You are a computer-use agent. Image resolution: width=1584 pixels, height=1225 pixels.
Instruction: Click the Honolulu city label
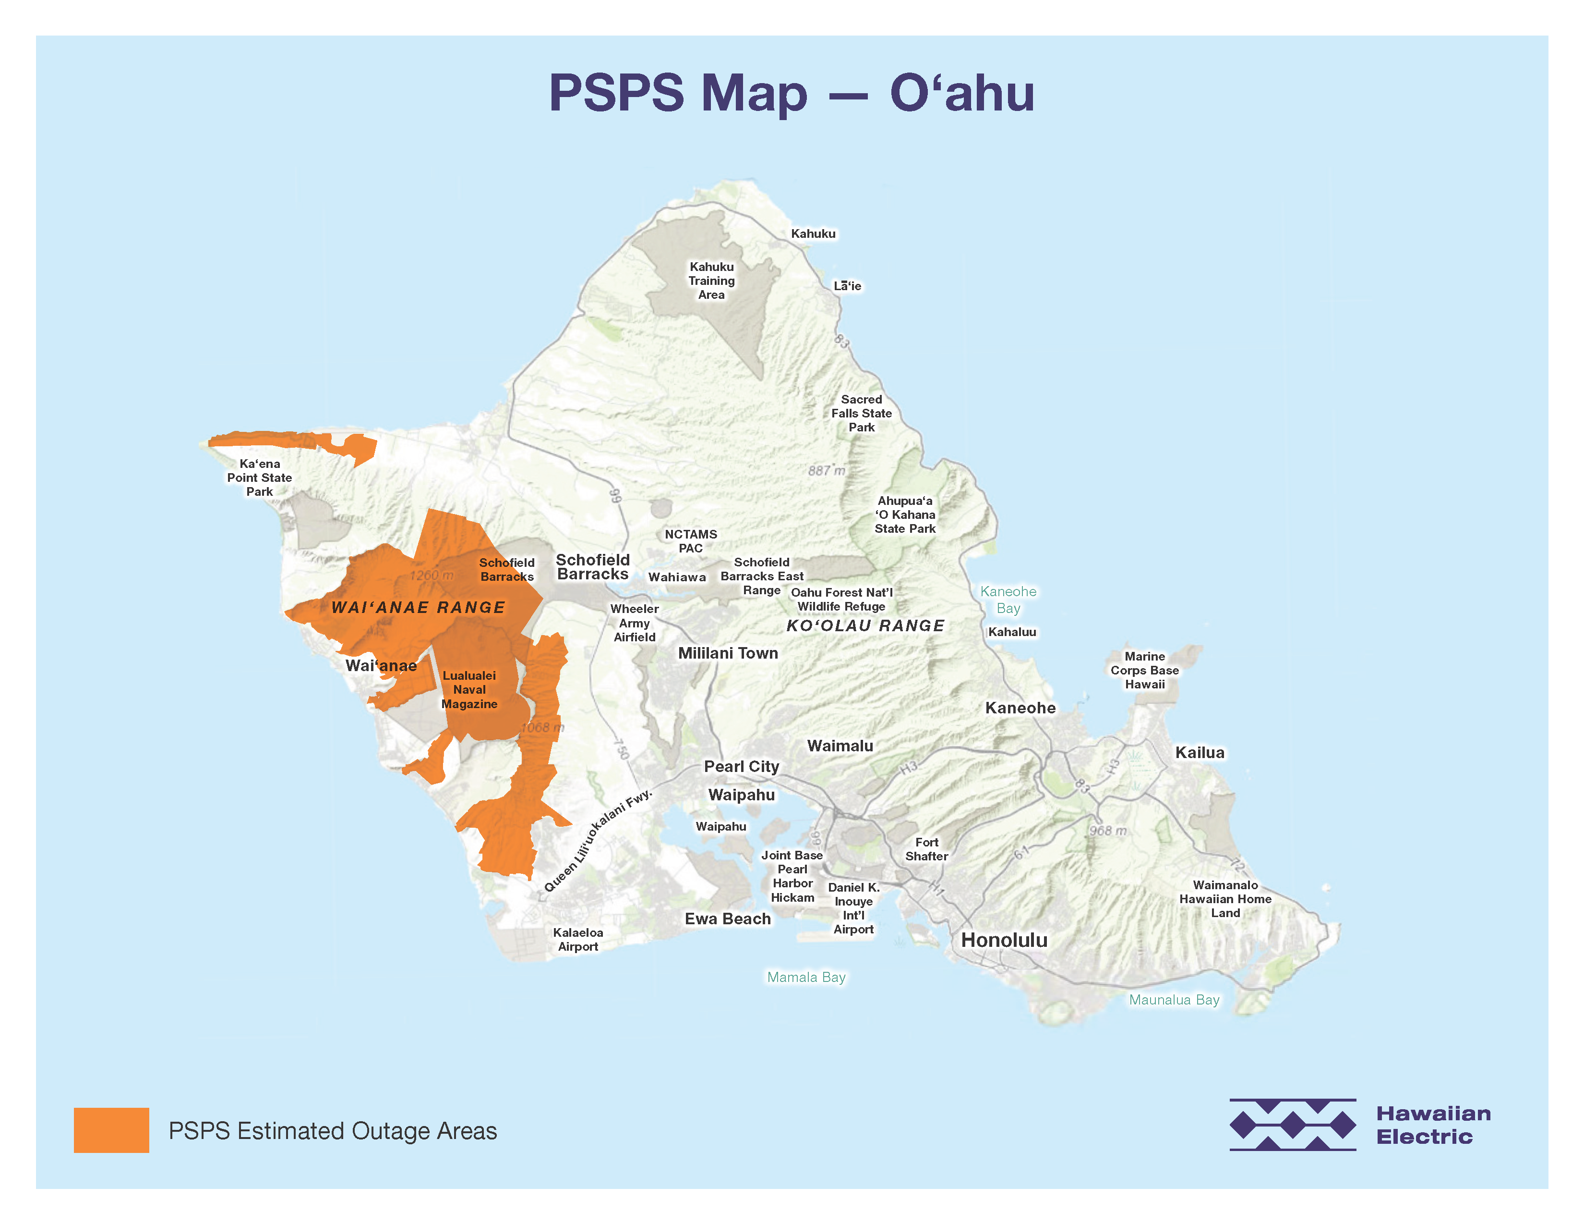[1004, 941]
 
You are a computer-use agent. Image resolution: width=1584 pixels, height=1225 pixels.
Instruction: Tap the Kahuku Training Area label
[711, 281]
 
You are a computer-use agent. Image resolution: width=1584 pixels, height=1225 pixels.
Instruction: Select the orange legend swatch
[111, 1130]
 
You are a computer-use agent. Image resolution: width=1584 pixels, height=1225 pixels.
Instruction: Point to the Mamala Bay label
[806, 978]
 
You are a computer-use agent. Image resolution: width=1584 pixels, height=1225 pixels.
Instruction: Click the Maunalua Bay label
[1174, 1000]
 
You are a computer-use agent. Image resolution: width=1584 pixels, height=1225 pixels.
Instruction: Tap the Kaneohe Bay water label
[1008, 600]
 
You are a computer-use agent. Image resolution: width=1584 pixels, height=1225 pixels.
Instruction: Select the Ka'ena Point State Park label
[260, 478]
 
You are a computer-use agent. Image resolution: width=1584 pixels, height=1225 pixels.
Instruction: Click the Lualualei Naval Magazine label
[469, 689]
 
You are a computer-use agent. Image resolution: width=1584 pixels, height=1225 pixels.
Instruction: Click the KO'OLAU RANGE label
[865, 625]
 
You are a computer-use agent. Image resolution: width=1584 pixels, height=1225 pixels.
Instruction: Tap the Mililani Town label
[728, 653]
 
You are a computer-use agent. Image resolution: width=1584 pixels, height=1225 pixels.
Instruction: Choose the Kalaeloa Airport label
[577, 940]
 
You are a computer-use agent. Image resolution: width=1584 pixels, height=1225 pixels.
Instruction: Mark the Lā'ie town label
[847, 286]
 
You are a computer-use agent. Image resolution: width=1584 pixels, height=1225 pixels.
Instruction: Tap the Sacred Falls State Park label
[862, 414]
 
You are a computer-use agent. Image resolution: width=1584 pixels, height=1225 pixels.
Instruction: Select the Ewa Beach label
[728, 919]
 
